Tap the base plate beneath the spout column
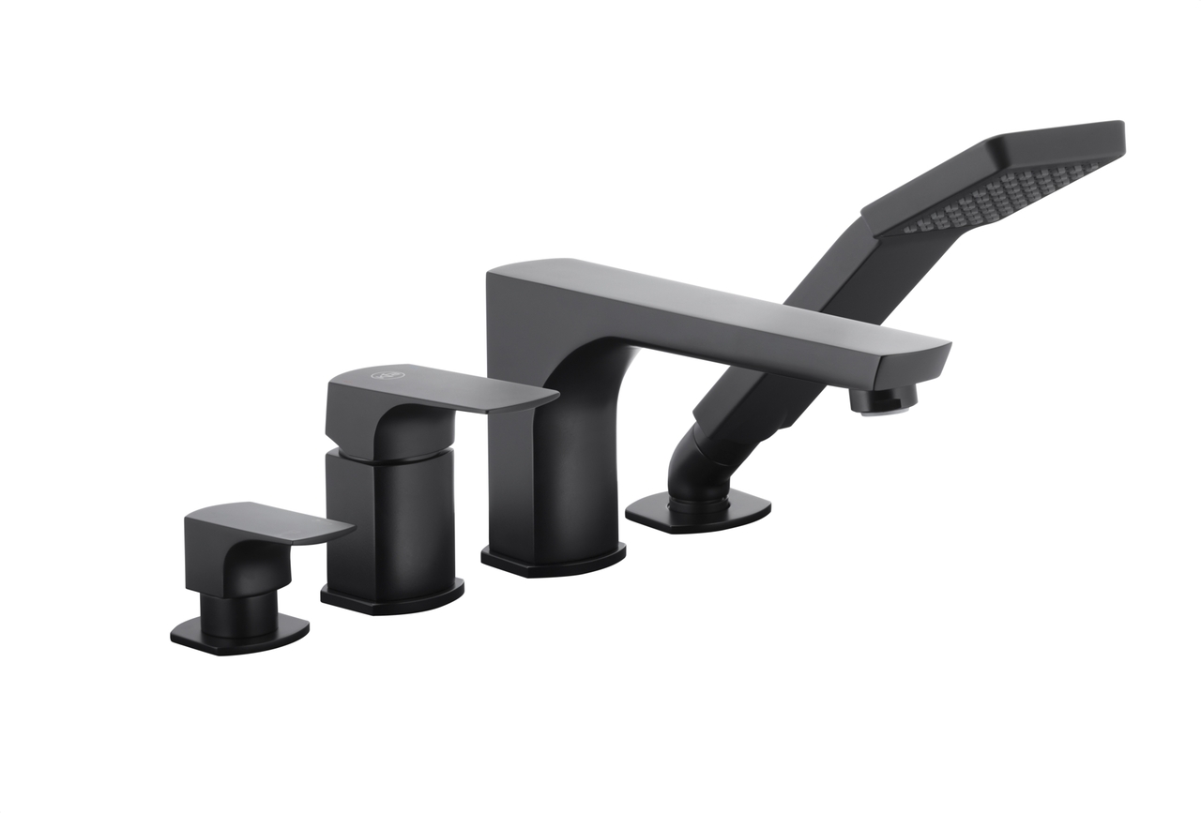click(554, 559)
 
